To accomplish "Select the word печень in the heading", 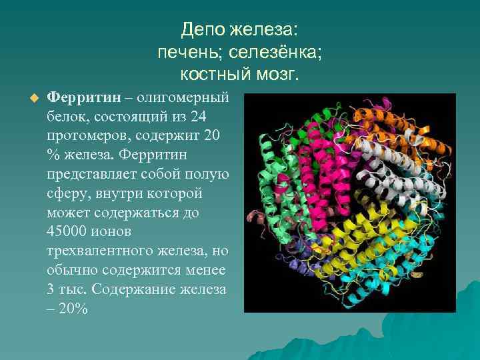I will coord(187,51).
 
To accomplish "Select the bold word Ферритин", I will coord(84,97).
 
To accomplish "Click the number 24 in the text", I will coord(198,117).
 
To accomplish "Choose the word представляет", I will coord(91,175).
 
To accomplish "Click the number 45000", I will coord(68,233).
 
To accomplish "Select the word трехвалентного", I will coord(100,252).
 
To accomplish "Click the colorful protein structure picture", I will coord(350,203).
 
